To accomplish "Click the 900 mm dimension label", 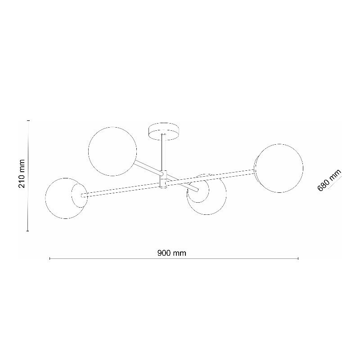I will pos(171,253).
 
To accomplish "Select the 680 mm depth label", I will pos(328,180).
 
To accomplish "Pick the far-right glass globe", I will pos(279,168).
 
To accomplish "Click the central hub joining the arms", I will pos(163,179).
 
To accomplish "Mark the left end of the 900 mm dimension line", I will pos(49,258).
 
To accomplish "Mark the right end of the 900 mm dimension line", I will pos(298,258).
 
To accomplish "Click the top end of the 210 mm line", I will pos(28,120).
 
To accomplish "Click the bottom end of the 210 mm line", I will pos(28,231).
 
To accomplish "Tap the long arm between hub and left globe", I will pos(121,190).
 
